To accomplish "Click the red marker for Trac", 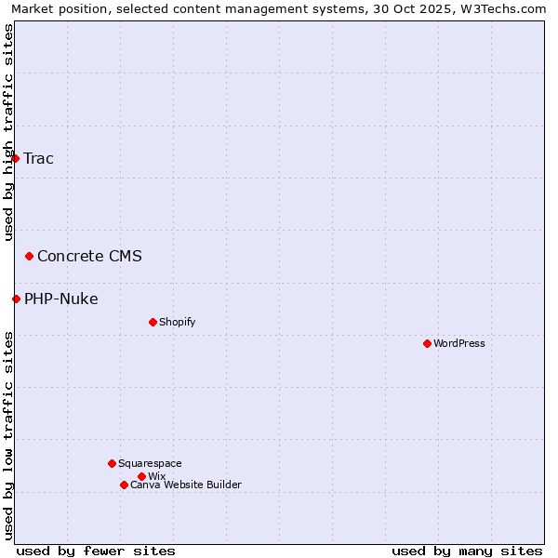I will click(x=15, y=158).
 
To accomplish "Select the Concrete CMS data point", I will click(x=29, y=256).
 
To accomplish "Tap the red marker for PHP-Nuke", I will click(x=16, y=299).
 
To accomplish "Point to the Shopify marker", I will click(x=153, y=322).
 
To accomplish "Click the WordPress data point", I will click(x=427, y=343).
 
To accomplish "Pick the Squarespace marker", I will click(x=112, y=463).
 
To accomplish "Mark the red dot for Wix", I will click(x=141, y=476).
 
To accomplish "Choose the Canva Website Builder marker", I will click(x=124, y=485).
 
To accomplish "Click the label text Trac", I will click(x=38, y=158).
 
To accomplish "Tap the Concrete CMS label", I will click(x=89, y=256).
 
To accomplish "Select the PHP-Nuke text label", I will click(x=61, y=299).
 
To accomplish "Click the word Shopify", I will click(x=177, y=322).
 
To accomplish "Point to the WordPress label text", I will click(x=459, y=343).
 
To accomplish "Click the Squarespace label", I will click(x=150, y=463).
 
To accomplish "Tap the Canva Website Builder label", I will click(x=186, y=485).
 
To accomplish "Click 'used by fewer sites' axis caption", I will click(x=96, y=551).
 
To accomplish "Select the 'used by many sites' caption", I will click(x=467, y=551).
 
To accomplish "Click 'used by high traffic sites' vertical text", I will click(x=8, y=132).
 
